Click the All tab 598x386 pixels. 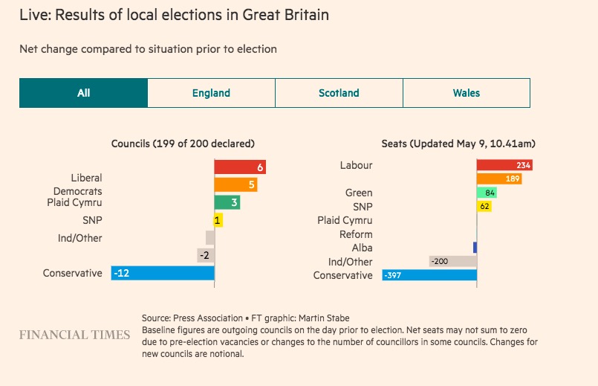click(x=83, y=93)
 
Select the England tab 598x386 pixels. click(x=211, y=93)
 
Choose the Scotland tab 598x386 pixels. click(x=339, y=93)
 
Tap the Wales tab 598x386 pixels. click(x=467, y=93)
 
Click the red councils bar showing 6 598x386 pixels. click(x=240, y=167)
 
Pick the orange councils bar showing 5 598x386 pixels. click(x=235, y=185)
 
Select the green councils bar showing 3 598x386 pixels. click(x=227, y=202)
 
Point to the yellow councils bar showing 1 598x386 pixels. click(x=218, y=220)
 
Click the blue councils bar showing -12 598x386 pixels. click(x=162, y=273)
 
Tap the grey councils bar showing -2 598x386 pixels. click(x=206, y=255)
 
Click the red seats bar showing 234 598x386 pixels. click(x=504, y=165)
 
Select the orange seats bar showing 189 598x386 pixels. click(x=499, y=178)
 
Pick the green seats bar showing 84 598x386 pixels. click(x=487, y=193)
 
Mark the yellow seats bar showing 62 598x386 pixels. click(x=484, y=206)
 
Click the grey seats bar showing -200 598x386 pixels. click(x=452, y=261)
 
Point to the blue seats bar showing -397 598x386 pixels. click(x=429, y=275)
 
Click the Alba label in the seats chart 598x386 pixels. click(x=363, y=248)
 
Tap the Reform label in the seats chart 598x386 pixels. click(x=356, y=234)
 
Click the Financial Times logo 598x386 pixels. click(x=74, y=335)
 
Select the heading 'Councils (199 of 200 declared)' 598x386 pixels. click(x=183, y=144)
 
